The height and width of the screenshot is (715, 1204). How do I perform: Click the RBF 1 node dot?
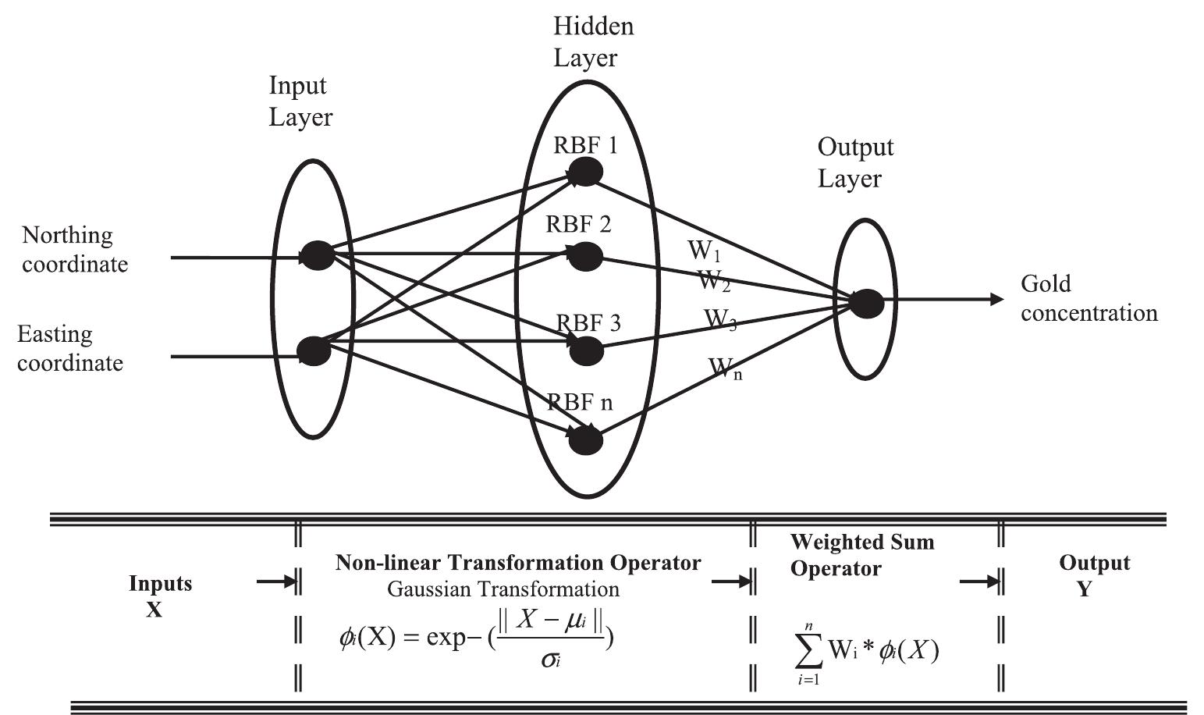(x=585, y=172)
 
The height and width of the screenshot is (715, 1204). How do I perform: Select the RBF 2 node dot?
(x=585, y=256)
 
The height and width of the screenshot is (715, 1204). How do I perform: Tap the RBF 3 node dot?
(x=587, y=351)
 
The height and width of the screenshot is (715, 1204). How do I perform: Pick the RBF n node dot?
(x=586, y=441)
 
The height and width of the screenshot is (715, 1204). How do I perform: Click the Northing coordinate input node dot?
(x=318, y=256)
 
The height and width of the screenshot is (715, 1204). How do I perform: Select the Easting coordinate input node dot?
(x=314, y=350)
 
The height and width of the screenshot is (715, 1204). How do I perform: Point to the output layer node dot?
(x=866, y=303)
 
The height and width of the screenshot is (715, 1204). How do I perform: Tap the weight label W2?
(x=713, y=280)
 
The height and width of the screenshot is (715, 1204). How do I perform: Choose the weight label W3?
(x=720, y=320)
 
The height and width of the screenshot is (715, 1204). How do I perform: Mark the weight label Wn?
(x=725, y=368)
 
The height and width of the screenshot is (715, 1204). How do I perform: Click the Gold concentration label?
(x=1089, y=298)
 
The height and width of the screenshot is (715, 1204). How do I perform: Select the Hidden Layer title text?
(x=593, y=42)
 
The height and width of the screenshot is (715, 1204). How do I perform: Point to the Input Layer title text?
(x=300, y=101)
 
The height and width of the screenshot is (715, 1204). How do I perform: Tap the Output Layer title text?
(x=854, y=162)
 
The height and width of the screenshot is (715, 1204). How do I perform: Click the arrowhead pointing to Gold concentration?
(x=996, y=299)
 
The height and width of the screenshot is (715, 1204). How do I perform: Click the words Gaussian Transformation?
(x=503, y=589)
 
